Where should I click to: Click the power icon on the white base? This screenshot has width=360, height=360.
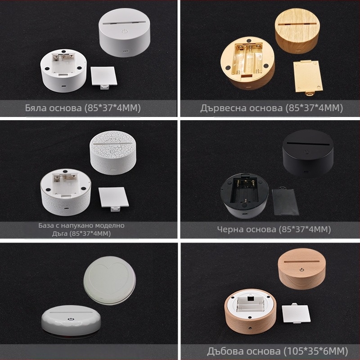coord(125,31)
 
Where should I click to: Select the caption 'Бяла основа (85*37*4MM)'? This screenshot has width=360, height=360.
coord(83,108)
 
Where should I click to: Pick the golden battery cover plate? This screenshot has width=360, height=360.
coord(308,77)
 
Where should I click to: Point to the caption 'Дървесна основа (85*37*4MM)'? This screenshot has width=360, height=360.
coord(272,108)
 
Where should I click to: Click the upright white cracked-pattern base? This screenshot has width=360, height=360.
coord(113,154)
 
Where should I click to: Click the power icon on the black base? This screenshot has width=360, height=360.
coord(306,151)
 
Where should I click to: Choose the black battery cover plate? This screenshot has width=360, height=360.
coord(285,202)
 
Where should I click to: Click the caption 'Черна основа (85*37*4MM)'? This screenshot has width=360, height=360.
coord(274,229)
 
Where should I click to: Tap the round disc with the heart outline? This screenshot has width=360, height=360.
coord(110,280)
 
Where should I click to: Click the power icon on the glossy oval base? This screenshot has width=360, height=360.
coord(71,319)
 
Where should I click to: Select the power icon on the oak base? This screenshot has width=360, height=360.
coord(301,270)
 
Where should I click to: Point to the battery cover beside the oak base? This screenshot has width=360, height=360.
coord(296,313)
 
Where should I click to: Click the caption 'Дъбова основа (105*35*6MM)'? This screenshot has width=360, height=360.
coord(277,351)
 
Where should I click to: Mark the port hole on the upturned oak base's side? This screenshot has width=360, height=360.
coord(250,329)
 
